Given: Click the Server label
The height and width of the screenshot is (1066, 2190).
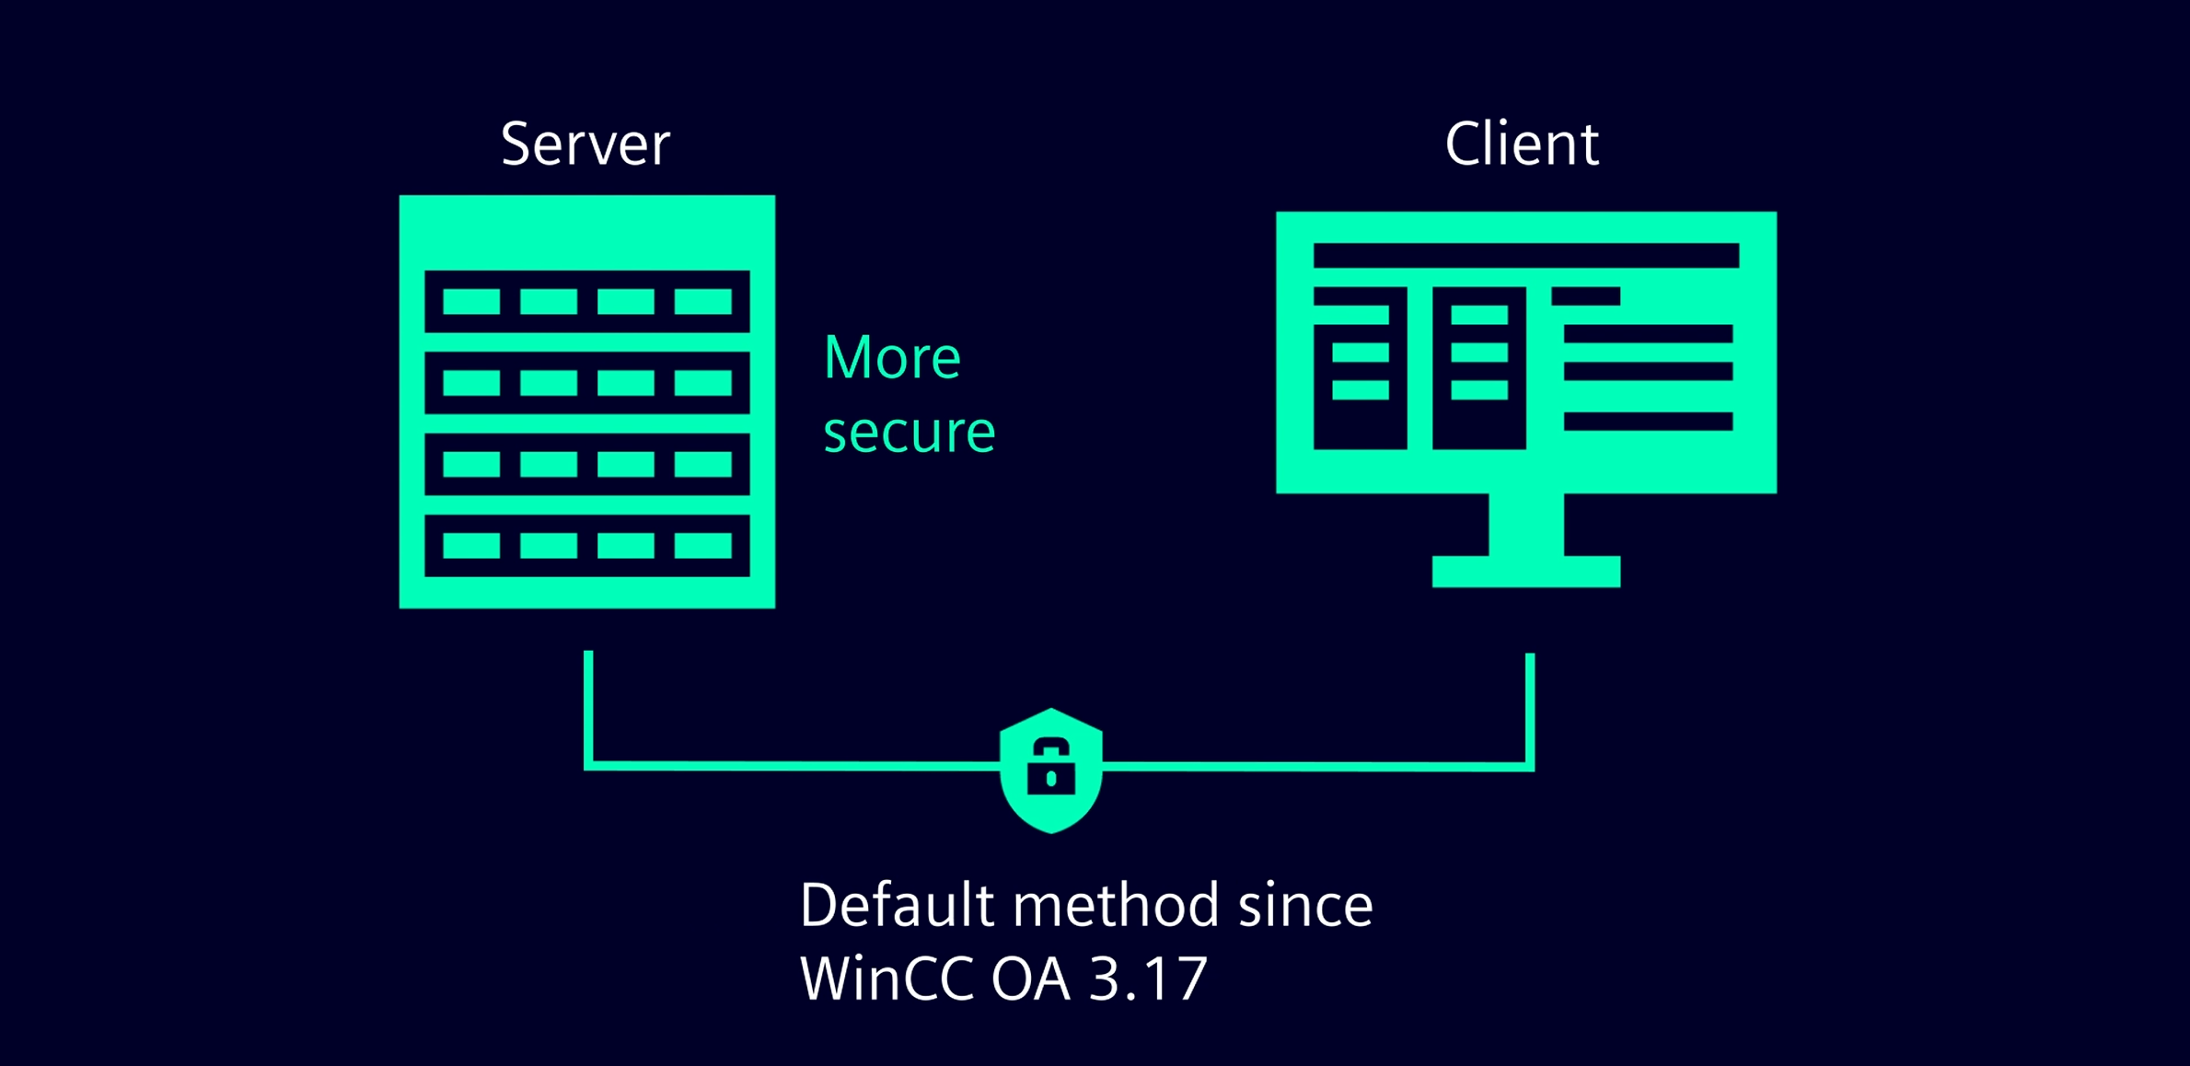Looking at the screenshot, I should coord(585,145).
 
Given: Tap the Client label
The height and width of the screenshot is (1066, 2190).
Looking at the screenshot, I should coord(1522,145).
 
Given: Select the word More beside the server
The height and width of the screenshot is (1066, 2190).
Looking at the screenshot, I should coord(892,357).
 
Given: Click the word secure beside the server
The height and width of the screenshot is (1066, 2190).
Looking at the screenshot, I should coord(910,432).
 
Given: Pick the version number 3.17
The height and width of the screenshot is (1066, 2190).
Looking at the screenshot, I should coord(1147,978).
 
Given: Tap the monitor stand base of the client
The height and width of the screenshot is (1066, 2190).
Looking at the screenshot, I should coord(1525,572).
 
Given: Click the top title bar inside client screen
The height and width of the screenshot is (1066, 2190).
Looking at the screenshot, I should coord(1525,255).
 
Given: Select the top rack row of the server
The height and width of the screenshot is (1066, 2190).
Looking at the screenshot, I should coord(587,301).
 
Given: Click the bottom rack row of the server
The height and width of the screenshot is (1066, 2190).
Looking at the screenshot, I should coord(587,546).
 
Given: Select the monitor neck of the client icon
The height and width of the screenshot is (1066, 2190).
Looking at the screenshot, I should coord(1525,525).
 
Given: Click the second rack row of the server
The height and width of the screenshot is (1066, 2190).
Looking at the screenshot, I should coord(587,382).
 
